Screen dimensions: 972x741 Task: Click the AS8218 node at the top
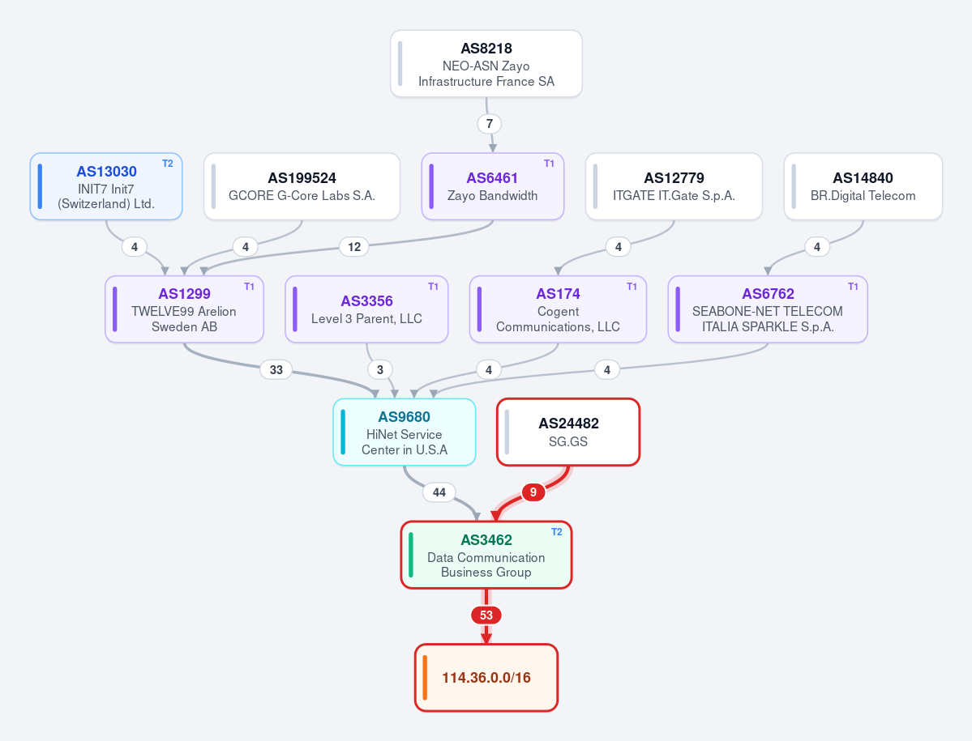click(486, 64)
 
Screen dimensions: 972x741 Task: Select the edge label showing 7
click(489, 124)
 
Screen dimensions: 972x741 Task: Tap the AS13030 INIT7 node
click(106, 186)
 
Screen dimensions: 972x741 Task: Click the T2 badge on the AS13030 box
click(167, 164)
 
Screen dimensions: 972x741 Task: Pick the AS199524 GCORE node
click(302, 186)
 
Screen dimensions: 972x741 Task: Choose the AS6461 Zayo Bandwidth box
click(492, 186)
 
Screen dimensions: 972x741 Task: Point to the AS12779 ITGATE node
click(674, 186)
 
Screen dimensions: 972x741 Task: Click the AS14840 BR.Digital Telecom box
click(863, 186)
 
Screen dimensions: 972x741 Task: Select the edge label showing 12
click(354, 247)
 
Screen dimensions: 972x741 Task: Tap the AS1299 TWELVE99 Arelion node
click(184, 309)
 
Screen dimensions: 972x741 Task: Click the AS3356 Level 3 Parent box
click(366, 309)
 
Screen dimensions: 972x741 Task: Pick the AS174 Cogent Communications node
click(558, 309)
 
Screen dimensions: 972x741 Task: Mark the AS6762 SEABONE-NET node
click(768, 309)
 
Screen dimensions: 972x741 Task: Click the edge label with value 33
click(276, 369)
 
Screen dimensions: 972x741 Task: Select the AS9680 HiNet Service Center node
click(405, 432)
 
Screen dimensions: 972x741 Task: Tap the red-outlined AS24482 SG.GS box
click(567, 432)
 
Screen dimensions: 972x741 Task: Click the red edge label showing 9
click(533, 492)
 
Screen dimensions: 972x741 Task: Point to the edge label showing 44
click(439, 492)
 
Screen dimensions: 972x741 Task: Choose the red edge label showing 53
click(486, 615)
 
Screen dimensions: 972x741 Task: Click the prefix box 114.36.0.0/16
click(486, 678)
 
